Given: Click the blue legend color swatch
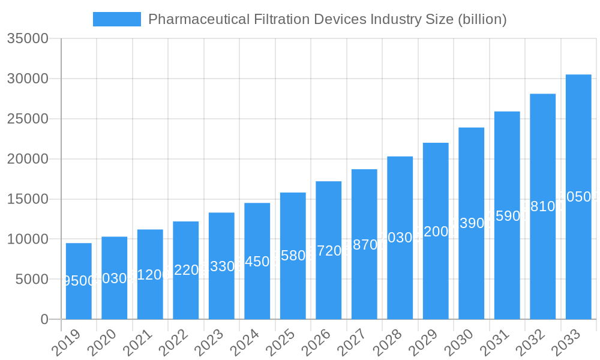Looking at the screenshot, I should tap(117, 19).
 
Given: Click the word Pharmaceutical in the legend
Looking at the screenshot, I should tap(190, 19).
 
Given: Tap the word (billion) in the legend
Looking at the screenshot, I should tap(482, 19).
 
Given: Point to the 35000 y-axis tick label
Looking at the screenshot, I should tap(27, 39).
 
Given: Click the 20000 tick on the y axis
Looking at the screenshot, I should tap(27, 159).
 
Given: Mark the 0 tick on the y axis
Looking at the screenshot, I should tap(44, 319).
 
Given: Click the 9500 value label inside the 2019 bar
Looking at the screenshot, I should tap(79, 281).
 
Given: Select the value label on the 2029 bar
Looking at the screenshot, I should tap(436, 232).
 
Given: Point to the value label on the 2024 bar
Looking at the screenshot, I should tap(257, 262).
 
